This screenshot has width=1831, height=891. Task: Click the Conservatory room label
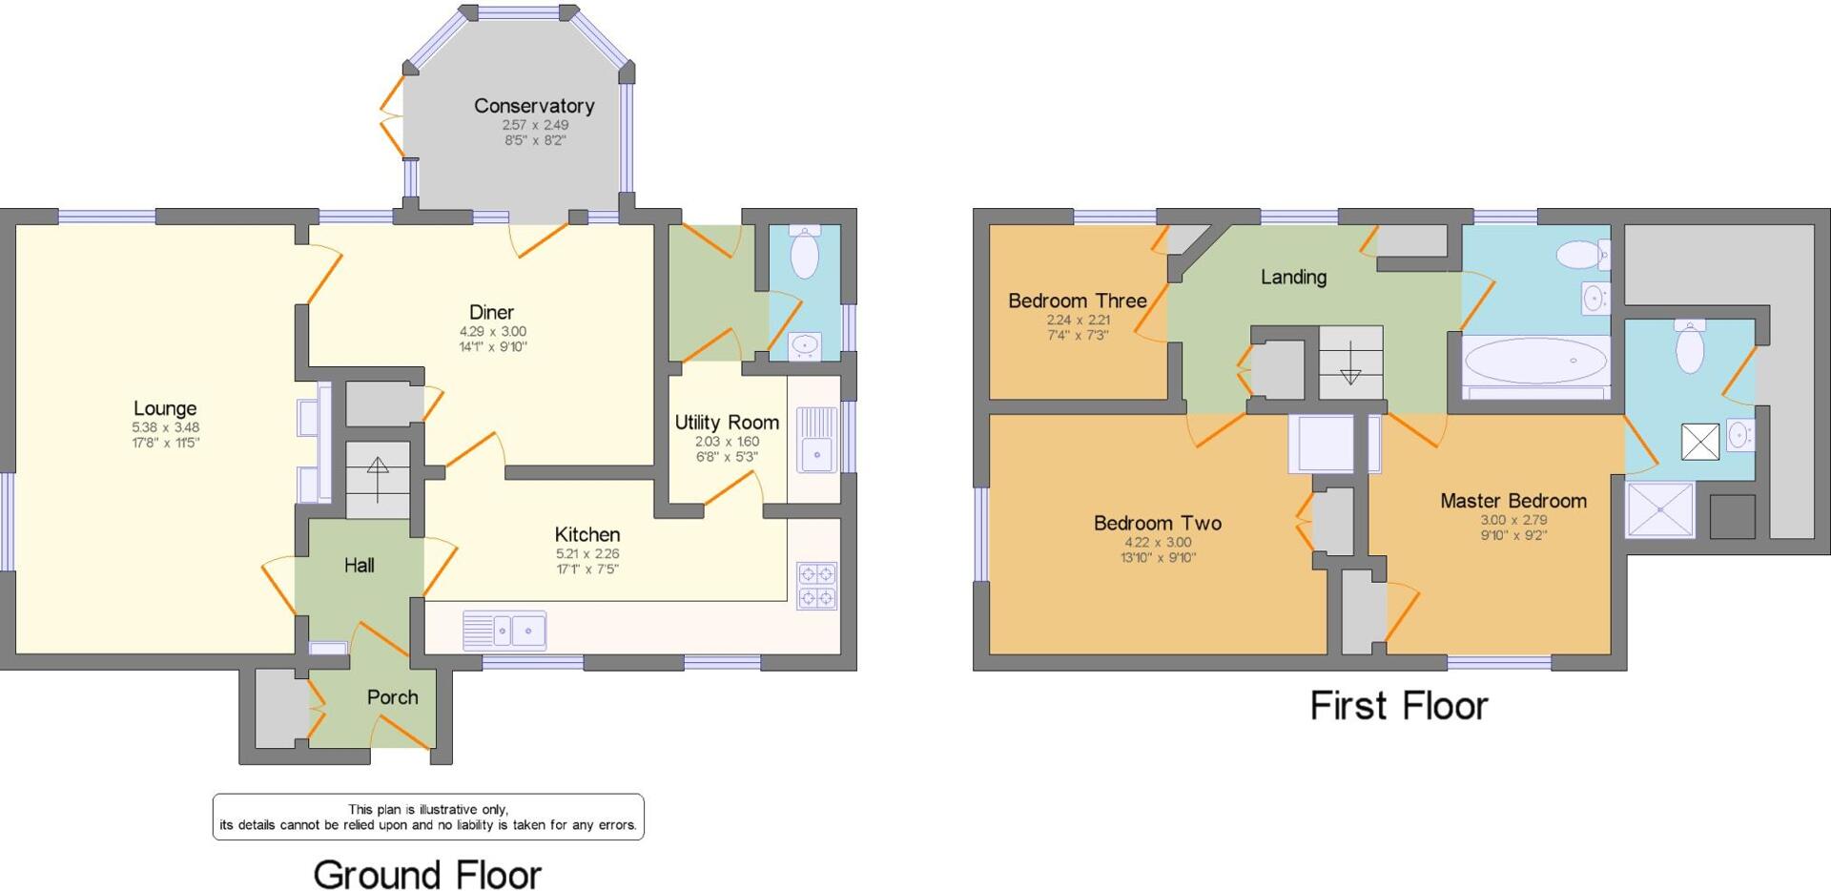click(534, 106)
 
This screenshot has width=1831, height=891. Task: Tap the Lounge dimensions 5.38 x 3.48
click(165, 427)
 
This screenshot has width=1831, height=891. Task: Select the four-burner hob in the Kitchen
click(817, 586)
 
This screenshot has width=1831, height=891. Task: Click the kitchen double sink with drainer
click(504, 631)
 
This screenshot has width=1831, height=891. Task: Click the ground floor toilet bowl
click(805, 254)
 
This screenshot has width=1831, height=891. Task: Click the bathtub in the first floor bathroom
click(1535, 362)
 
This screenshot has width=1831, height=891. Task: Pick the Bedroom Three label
click(1078, 300)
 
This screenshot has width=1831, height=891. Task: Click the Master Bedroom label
click(1513, 501)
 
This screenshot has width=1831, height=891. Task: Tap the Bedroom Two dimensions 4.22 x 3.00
click(1158, 542)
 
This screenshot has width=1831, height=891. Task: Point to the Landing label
click(1293, 277)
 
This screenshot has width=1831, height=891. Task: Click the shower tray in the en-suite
click(1660, 509)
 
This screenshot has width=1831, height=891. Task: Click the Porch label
click(392, 697)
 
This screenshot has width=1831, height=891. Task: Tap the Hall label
click(359, 566)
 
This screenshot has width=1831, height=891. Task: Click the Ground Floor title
click(427, 874)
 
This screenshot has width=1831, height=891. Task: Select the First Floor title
click(1398, 706)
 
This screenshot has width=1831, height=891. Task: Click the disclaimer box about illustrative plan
click(428, 817)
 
